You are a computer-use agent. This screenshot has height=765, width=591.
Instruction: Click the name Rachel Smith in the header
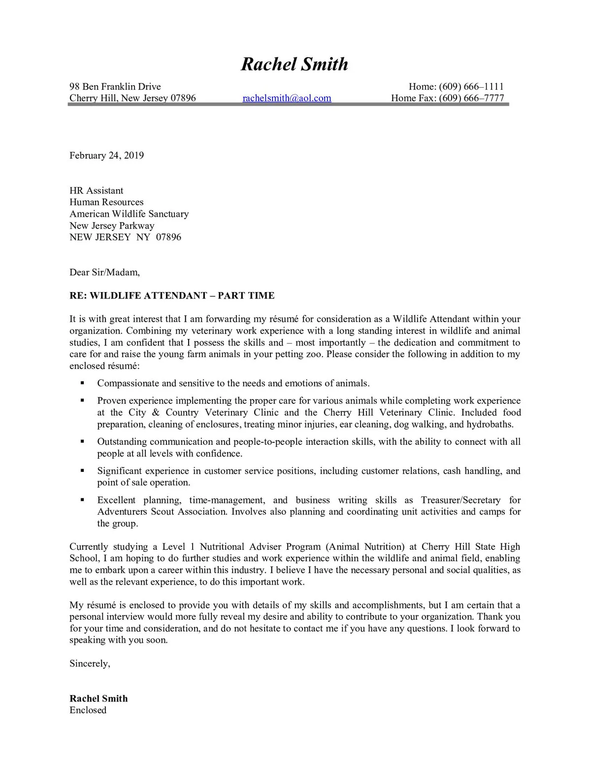(x=294, y=64)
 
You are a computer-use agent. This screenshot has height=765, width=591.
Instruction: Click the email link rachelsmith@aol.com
(x=287, y=98)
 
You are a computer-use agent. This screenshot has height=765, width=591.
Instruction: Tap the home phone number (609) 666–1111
(x=471, y=87)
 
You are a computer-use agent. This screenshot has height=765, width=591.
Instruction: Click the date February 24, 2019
(x=106, y=156)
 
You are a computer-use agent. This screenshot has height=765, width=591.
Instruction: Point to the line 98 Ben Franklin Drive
(x=115, y=87)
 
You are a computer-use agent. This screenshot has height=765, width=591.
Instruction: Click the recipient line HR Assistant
(x=96, y=191)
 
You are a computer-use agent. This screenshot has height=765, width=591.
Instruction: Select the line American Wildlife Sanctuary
(x=129, y=214)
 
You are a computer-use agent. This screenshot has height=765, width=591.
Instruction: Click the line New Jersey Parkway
(x=112, y=226)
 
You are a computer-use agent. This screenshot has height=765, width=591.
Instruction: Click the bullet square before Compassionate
(x=82, y=383)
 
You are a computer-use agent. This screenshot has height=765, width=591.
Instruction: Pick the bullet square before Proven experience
(x=82, y=400)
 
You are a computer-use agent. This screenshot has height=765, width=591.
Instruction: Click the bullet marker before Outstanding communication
(x=82, y=441)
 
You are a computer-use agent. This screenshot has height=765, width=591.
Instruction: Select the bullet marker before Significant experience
(x=82, y=470)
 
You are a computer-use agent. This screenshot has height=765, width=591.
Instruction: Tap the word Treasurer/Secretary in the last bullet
(x=460, y=500)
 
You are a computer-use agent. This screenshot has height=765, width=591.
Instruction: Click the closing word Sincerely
(x=90, y=664)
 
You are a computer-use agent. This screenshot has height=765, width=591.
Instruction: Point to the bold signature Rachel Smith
(x=98, y=698)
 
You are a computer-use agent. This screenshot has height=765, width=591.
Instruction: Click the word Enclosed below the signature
(x=88, y=710)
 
